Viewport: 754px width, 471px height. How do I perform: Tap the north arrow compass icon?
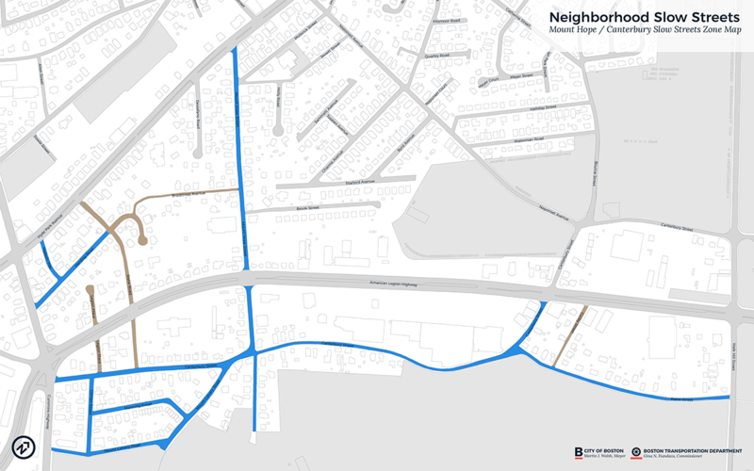pos(24,447)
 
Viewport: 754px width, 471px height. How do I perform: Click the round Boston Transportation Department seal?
pos(637,452)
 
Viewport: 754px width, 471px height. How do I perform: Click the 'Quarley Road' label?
pos(437,57)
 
